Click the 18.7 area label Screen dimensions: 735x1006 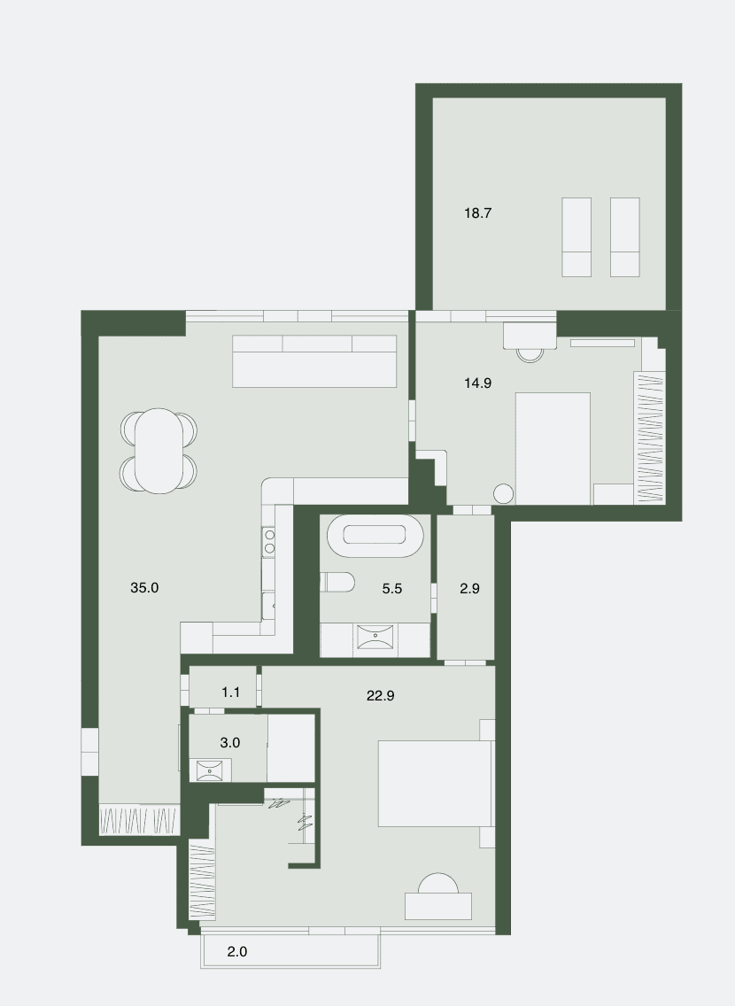[478, 213]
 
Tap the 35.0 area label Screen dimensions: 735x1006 [144, 588]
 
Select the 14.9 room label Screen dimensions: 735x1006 [478, 383]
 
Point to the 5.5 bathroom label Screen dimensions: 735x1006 [392, 588]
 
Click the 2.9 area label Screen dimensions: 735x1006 [469, 588]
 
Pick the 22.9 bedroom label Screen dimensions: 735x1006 [380, 695]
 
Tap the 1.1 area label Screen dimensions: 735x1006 [230, 693]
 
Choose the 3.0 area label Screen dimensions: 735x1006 [230, 742]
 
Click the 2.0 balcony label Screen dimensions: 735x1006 [237, 951]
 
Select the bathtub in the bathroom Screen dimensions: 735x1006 [375, 536]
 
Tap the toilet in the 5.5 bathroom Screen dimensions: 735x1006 [337, 582]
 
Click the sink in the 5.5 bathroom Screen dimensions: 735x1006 [375, 638]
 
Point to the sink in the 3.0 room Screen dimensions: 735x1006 [209, 770]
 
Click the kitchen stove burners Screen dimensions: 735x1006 [270, 541]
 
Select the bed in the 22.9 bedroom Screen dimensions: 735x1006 [436, 784]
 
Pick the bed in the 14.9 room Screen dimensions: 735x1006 [553, 448]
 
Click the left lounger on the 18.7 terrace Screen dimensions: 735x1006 [576, 237]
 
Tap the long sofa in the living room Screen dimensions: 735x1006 [314, 361]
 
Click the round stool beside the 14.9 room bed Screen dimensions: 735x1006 [504, 493]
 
